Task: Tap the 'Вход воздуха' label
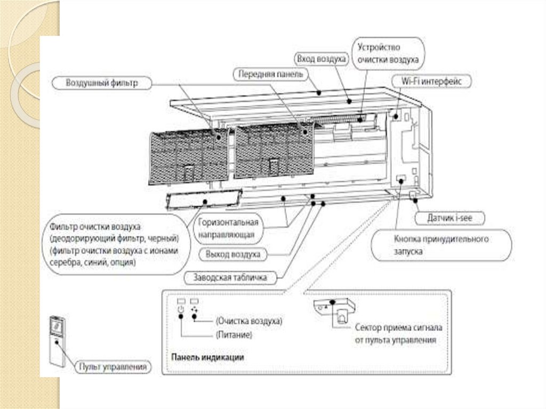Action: (321, 58)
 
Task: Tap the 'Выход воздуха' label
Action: (233, 254)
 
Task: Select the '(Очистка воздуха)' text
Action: (248, 322)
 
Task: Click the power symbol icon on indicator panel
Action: (180, 309)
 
